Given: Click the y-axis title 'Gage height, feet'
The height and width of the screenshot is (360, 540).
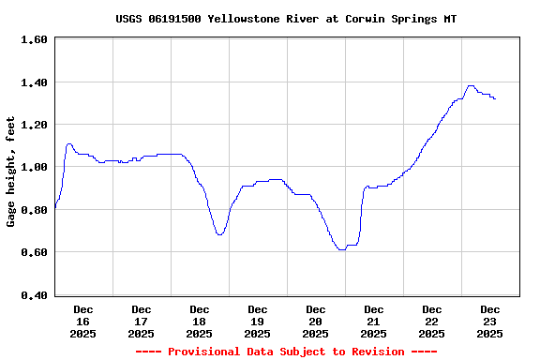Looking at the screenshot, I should pyautogui.click(x=11, y=172).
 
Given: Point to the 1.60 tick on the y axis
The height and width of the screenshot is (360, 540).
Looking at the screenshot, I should pyautogui.click(x=34, y=39).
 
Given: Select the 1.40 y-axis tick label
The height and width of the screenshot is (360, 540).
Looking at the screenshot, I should pyautogui.click(x=34, y=82).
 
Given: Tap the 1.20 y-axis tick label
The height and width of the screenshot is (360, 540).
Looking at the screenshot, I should pyautogui.click(x=34, y=125).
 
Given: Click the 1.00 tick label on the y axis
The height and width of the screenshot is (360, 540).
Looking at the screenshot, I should pyautogui.click(x=34, y=167).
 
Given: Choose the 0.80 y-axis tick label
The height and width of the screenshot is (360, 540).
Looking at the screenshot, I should pyautogui.click(x=34, y=210).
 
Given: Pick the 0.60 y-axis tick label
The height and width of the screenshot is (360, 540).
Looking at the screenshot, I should pyautogui.click(x=34, y=252).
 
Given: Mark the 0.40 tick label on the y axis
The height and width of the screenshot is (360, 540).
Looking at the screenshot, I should pyautogui.click(x=34, y=295).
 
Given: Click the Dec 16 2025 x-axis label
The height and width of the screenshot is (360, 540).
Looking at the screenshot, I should pyautogui.click(x=83, y=321).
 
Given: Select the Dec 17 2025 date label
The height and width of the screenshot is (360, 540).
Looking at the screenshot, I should pyautogui.click(x=142, y=321).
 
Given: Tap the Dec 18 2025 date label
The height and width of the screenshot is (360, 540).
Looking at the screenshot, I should pyautogui.click(x=200, y=321).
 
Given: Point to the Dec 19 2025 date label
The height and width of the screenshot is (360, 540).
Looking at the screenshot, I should pyautogui.click(x=258, y=321).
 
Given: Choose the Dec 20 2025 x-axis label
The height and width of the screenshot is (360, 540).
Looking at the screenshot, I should pyautogui.click(x=316, y=321).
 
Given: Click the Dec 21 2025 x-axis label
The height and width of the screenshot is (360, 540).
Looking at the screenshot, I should pyautogui.click(x=374, y=321).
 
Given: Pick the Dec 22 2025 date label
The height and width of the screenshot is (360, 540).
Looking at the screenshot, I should pyautogui.click(x=432, y=321).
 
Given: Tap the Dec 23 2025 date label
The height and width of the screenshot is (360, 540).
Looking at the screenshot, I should pyautogui.click(x=490, y=321).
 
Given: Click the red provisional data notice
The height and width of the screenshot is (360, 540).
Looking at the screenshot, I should pyautogui.click(x=286, y=352).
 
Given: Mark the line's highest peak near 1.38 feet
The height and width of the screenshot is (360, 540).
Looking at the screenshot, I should pyautogui.click(x=471, y=86).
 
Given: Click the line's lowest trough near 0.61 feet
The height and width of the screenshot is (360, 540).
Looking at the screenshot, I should pyautogui.click(x=342, y=249).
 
